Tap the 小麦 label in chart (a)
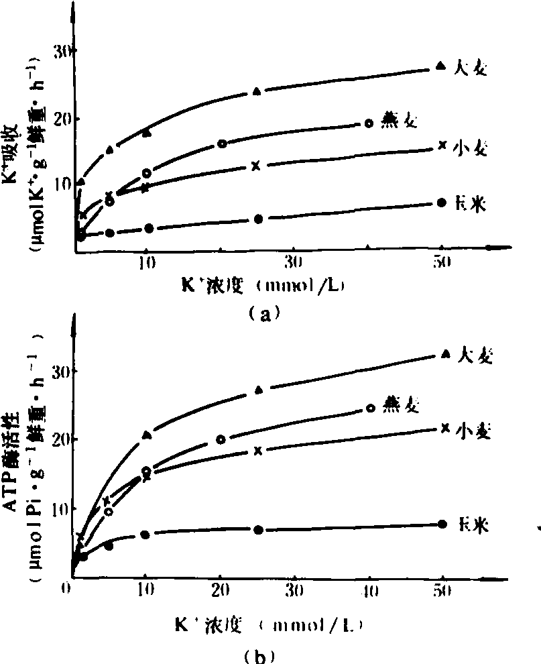point(469,148)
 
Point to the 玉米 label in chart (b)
point(471,525)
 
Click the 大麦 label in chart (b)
point(477,355)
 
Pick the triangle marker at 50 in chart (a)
point(440,65)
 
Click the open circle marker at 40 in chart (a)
point(368,123)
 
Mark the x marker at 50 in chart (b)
point(444,427)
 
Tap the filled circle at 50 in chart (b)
point(441,524)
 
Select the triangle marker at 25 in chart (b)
point(259,389)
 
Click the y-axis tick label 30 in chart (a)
point(62,51)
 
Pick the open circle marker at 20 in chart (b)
point(221,439)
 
